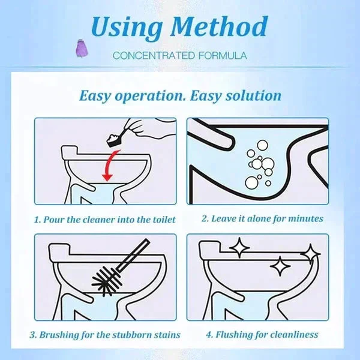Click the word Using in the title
point(124,27)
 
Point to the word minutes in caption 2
point(304,219)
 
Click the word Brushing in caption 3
point(63,334)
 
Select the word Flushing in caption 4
point(226,334)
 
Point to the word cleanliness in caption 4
point(294,334)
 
